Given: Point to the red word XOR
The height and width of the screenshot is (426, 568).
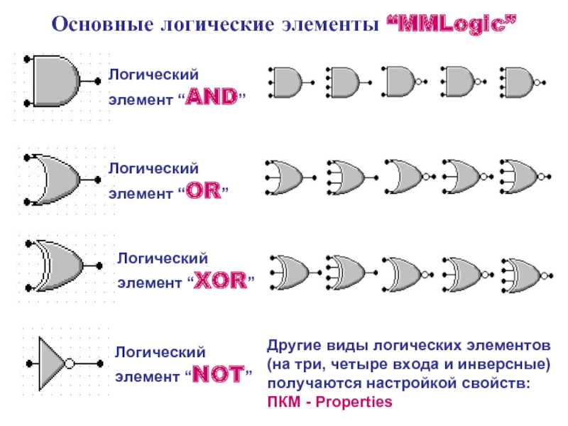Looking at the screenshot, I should pos(219,282).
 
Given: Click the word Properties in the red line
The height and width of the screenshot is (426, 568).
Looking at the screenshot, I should pos(354,401).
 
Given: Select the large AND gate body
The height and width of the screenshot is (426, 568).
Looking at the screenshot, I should pos(54,81).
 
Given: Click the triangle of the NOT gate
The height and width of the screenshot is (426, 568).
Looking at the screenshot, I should pos(50,363).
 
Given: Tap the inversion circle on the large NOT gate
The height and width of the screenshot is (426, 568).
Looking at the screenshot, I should pos(70,364).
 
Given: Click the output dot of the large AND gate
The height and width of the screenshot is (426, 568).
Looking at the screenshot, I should pos(97,81).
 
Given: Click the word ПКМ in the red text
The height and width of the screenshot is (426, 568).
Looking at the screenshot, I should pos(283,401).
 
